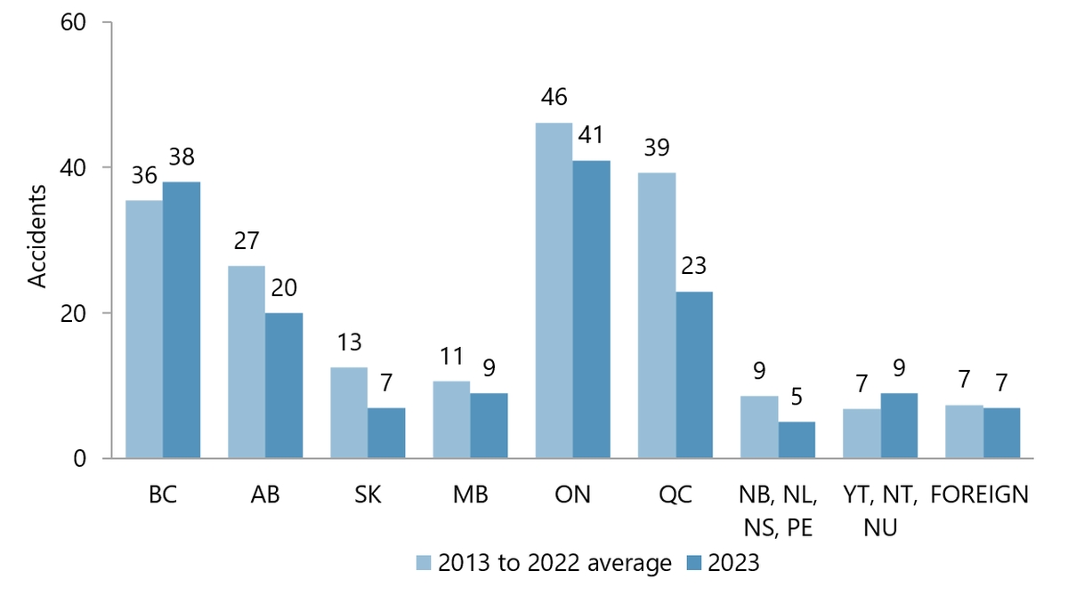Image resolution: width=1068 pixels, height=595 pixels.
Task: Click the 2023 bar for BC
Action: (182, 320)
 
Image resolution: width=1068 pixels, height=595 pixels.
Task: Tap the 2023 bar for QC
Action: (693, 374)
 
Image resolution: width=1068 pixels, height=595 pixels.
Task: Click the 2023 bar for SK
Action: (386, 433)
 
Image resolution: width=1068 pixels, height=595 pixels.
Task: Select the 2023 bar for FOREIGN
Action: (1001, 433)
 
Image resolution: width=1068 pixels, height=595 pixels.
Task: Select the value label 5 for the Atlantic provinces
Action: (797, 397)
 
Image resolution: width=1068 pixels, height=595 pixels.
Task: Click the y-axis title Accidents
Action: (37, 236)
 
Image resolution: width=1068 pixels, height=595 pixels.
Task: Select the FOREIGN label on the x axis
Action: (979, 495)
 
